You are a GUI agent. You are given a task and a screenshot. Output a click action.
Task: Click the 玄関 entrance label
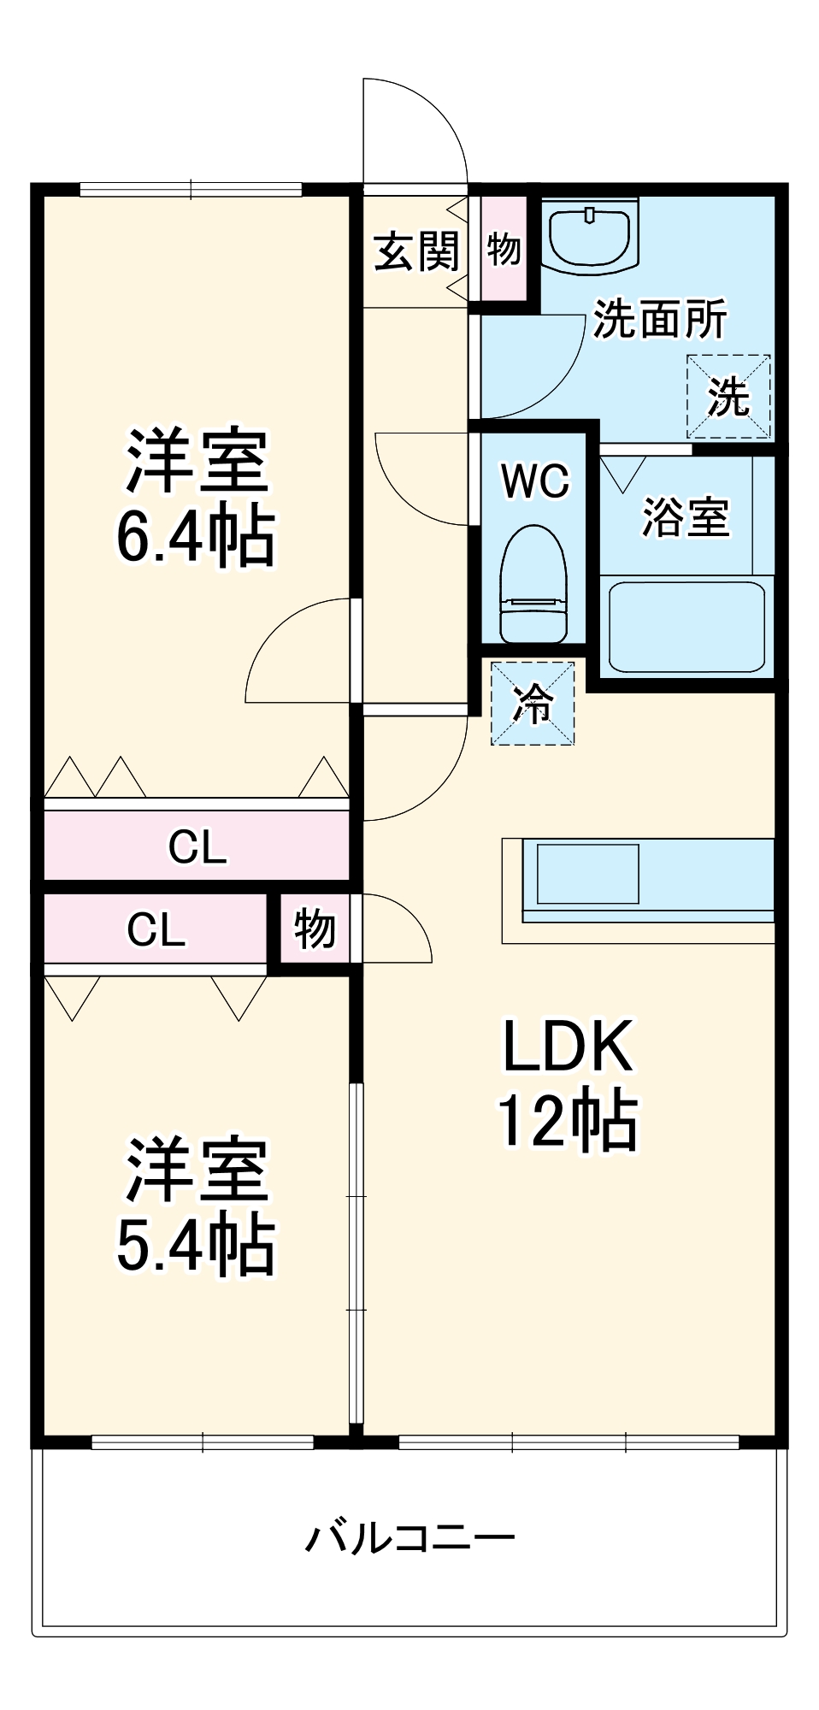tap(416, 251)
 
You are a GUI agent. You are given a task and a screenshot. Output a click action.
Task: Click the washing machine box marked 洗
tap(729, 397)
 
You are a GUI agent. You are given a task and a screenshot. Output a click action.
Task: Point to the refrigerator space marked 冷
tap(533, 703)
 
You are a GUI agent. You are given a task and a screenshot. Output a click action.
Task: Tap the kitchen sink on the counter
tap(587, 874)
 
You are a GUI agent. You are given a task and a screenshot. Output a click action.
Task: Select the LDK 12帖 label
tap(568, 1082)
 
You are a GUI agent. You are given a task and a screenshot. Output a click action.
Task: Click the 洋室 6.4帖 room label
tap(197, 498)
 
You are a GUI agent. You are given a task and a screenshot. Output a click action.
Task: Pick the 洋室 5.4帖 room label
tap(197, 1206)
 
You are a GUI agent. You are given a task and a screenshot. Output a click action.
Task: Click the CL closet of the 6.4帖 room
tap(197, 846)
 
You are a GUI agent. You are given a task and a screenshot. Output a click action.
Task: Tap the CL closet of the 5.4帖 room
tap(156, 929)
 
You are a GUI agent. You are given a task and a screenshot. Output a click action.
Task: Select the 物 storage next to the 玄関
tap(504, 249)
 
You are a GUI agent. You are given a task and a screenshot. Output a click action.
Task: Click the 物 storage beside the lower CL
tap(315, 929)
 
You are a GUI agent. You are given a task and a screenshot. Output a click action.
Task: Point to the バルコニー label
tap(410, 1538)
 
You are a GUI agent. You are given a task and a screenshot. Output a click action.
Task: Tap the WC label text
tap(535, 481)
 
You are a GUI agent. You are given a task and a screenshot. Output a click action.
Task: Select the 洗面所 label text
tap(659, 319)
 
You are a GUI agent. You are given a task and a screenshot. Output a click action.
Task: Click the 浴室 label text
tap(686, 518)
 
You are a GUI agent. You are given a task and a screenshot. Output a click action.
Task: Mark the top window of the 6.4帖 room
tap(191, 190)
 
